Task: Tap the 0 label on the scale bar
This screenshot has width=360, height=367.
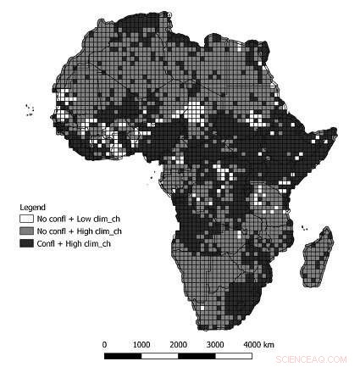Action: [x=104, y=344]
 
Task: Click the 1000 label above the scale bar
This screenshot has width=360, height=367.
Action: [x=141, y=344]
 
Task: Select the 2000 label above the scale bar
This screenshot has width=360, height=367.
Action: [x=178, y=344]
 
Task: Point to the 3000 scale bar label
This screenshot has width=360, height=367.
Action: [x=215, y=344]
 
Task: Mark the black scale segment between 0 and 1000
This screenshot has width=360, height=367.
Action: [x=123, y=355]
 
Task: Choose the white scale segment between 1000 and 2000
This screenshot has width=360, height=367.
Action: [x=159, y=355]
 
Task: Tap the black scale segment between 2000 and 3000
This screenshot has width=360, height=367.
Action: [x=197, y=355]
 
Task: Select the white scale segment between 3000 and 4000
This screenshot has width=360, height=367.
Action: [x=234, y=355]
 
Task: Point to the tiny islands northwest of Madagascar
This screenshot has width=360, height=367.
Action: [x=304, y=227]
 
